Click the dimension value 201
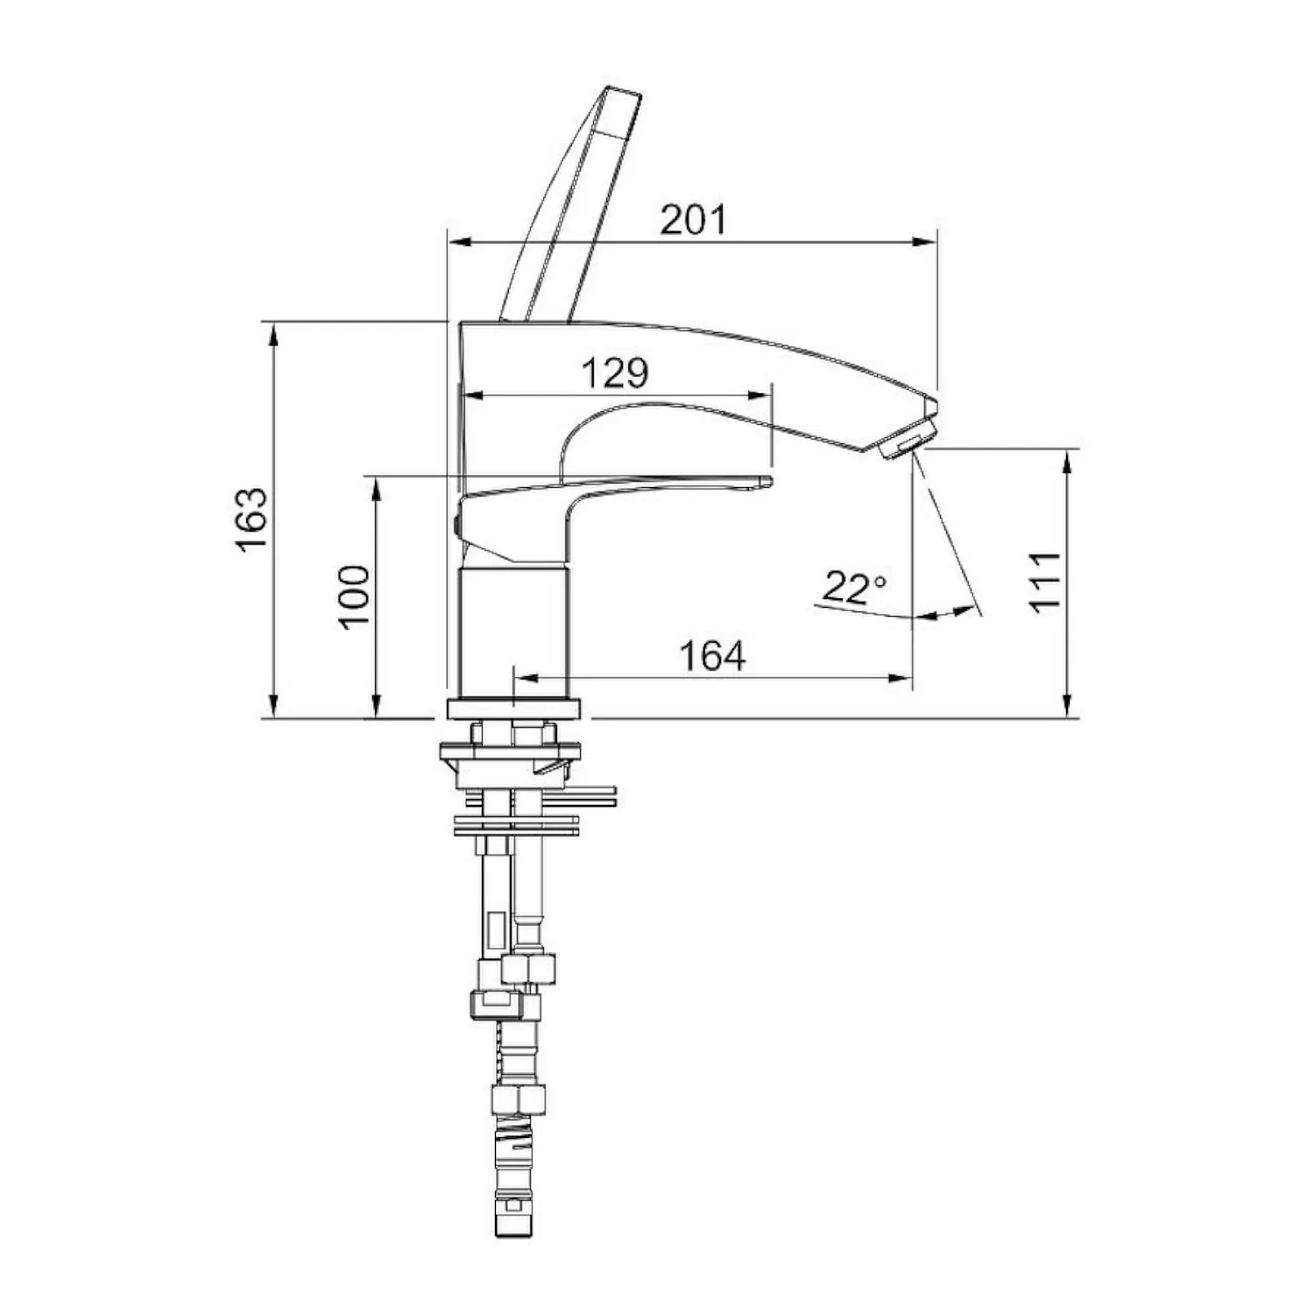[x=693, y=219]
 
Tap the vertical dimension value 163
[x=251, y=519]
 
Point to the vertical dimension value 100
[x=355, y=597]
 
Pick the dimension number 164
[x=713, y=655]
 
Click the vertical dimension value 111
[x=1045, y=582]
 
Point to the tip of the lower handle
[x=768, y=480]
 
